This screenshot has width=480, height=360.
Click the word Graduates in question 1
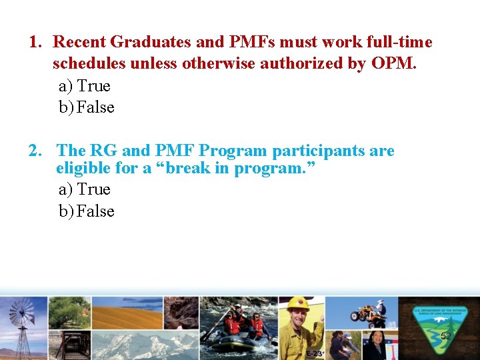click(151, 43)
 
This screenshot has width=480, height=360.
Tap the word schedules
click(89, 64)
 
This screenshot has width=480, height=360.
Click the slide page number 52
click(446, 337)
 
